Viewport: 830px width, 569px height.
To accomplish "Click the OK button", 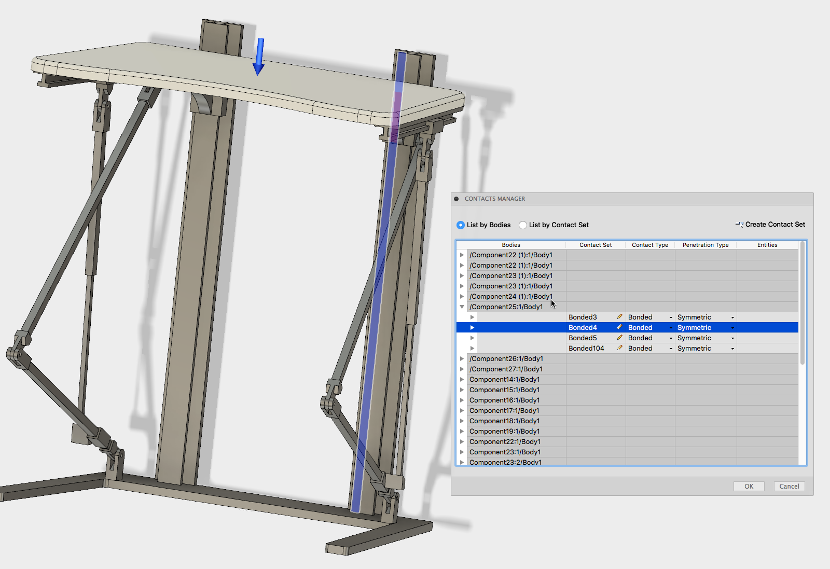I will coord(749,486).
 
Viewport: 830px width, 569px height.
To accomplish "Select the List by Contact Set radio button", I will coord(523,225).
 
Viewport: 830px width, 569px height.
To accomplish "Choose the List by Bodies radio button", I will coord(461,225).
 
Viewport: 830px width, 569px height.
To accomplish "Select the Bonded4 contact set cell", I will coord(583,328).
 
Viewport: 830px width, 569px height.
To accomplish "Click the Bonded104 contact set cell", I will coord(586,349).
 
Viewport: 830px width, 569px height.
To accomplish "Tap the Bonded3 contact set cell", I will coord(583,317).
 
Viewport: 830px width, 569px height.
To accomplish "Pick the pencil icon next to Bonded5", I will coord(619,338).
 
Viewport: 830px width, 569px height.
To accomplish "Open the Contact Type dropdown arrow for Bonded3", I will coord(671,317).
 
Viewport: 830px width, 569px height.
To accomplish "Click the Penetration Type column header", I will coord(706,245).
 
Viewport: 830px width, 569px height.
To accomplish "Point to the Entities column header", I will coord(767,245).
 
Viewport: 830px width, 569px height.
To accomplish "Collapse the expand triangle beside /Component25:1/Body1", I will coord(462,307).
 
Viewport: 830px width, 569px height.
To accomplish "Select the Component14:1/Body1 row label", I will coord(504,380).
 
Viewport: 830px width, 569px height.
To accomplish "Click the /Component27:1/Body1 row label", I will coord(506,369).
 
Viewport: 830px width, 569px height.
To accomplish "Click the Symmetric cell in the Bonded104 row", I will coord(694,349).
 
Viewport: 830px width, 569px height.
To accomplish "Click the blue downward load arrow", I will coord(259,56).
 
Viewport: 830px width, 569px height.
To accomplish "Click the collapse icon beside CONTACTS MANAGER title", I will coord(456,199).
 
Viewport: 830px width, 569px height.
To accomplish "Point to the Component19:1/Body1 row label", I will coord(504,432).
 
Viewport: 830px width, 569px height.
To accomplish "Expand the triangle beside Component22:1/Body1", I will coord(462,442).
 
